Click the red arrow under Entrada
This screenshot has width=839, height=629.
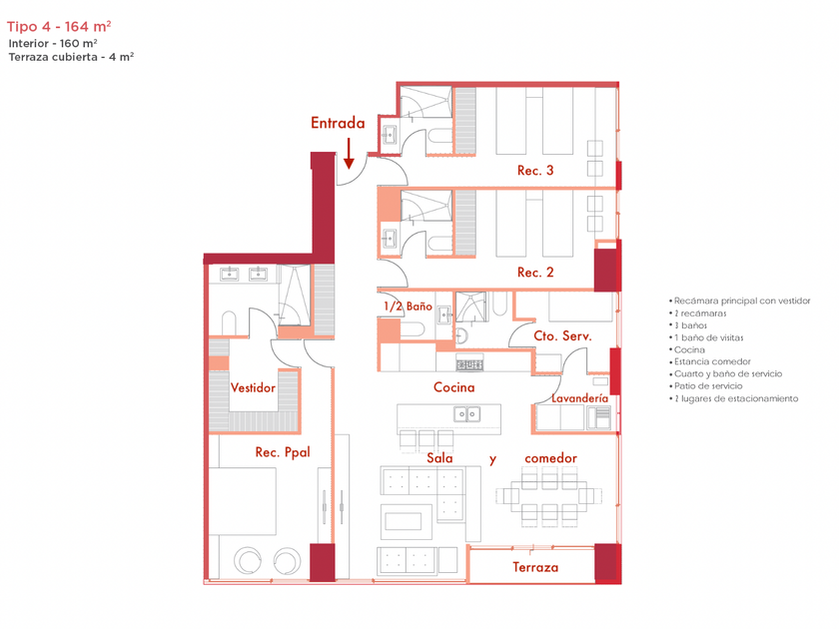pyautogui.click(x=349, y=154)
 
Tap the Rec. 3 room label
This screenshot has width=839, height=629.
pyautogui.click(x=535, y=171)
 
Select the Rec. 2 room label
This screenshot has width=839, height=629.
pyautogui.click(x=535, y=273)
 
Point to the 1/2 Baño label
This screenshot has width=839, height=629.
pyautogui.click(x=408, y=306)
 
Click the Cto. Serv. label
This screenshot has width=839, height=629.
pyautogui.click(x=562, y=335)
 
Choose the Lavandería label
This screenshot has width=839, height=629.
pyautogui.click(x=579, y=398)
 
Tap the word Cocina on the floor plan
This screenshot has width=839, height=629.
pyautogui.click(x=453, y=387)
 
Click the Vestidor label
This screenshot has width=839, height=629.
pyautogui.click(x=253, y=387)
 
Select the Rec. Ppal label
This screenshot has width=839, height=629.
pyautogui.click(x=283, y=452)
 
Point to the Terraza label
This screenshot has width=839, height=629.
pyautogui.click(x=535, y=567)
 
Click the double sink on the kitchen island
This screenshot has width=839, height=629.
pyautogui.click(x=466, y=414)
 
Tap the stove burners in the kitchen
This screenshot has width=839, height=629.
pyautogui.click(x=469, y=364)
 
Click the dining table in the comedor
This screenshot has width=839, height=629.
pyautogui.click(x=549, y=496)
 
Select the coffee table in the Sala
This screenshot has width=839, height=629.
pyautogui.click(x=407, y=521)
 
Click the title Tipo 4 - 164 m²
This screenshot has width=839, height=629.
pyautogui.click(x=59, y=26)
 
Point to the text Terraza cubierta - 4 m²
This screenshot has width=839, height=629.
pyautogui.click(x=71, y=57)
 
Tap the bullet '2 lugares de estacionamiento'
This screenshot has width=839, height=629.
pyautogui.click(x=733, y=398)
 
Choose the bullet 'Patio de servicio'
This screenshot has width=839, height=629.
pyautogui.click(x=706, y=386)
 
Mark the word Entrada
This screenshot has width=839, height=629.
pyautogui.click(x=338, y=123)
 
